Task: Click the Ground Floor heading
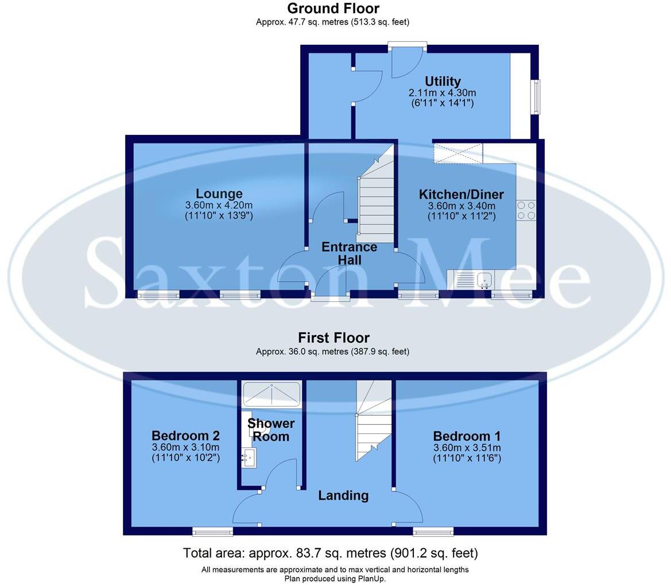[x=333, y=9]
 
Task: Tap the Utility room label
[x=443, y=81]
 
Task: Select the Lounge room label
[x=219, y=193]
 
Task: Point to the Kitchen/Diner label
[x=461, y=194]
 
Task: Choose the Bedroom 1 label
[x=467, y=436]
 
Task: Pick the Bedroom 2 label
[x=185, y=436]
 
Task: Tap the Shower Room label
[x=271, y=430]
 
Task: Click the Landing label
[x=343, y=495]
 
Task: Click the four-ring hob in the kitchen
[x=526, y=210]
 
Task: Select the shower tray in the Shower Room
[x=271, y=394]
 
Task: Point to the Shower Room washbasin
[x=250, y=458]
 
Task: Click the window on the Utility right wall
[x=536, y=96]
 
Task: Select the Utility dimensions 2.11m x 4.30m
[x=443, y=92]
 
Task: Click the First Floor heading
[x=333, y=338]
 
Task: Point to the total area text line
[x=330, y=553]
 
